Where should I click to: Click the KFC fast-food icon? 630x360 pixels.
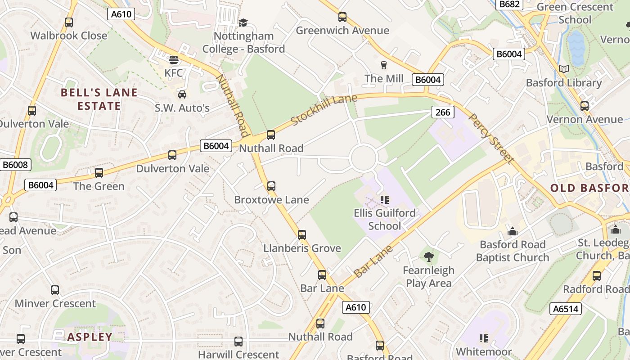174,60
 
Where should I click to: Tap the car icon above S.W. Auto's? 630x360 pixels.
182,94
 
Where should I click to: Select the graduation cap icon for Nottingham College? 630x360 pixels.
243,22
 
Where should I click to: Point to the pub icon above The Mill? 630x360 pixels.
383,65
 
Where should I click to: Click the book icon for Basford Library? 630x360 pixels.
563,69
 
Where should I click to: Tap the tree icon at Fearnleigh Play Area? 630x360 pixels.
428,257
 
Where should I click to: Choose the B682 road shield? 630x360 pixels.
509,4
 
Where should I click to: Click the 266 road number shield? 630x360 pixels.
443,112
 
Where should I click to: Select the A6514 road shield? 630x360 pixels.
565,309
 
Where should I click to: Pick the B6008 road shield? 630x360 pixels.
15,165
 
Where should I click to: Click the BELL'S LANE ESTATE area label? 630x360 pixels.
99,99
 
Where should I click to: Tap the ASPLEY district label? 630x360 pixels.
90,337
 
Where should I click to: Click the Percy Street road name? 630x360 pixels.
491,138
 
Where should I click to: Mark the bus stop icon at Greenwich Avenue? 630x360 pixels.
342,17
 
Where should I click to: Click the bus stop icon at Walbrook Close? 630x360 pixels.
69,22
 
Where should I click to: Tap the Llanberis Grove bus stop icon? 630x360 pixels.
302,234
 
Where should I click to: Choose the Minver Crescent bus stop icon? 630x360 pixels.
55,290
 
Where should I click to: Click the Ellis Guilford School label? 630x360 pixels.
384,219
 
